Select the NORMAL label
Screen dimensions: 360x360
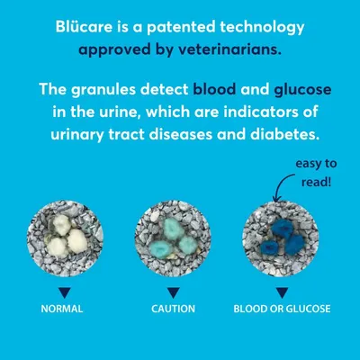click(x=62, y=309)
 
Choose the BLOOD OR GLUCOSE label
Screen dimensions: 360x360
click(x=282, y=309)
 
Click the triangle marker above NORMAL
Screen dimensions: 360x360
click(x=62, y=292)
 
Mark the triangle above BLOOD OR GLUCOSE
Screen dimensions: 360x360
click(x=282, y=292)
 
